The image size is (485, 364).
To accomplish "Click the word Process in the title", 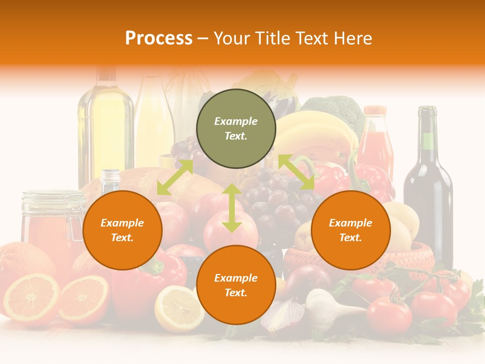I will coord(159,38).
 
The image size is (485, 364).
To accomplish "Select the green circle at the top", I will coord(236,129).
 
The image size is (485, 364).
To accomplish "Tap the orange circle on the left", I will coord(122,230).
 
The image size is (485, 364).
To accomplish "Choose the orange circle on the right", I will coord(351,230).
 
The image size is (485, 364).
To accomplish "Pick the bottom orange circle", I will coord(236,285).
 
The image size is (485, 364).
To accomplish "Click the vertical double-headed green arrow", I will coord(231,208).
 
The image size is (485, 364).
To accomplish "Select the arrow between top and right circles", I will coord(296,172).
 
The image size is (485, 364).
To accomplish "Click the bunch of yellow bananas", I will coord(313,134).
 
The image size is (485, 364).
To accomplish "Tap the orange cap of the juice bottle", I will coord(375,111).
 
